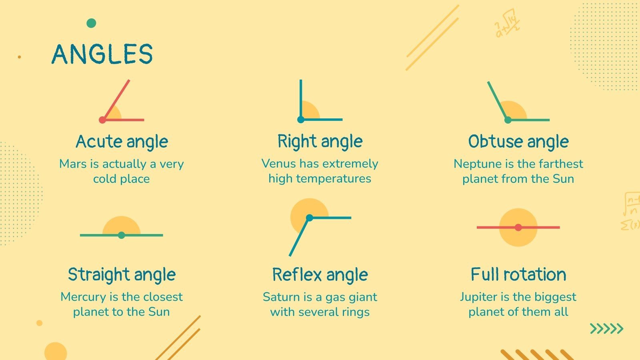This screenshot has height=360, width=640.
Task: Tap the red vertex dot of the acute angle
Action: [x=102, y=120]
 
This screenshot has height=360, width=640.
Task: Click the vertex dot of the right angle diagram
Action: [x=301, y=119]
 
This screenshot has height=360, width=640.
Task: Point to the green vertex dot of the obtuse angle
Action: [x=508, y=120]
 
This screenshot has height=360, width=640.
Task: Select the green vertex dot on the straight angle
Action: [x=122, y=235]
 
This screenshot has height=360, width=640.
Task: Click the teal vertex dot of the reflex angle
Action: [x=309, y=218]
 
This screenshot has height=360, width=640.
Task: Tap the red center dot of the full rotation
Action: [x=518, y=227]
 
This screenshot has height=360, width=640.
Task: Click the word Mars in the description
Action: [x=72, y=164]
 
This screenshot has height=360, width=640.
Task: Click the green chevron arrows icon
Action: [x=606, y=329]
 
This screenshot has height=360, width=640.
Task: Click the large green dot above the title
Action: [x=91, y=23]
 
